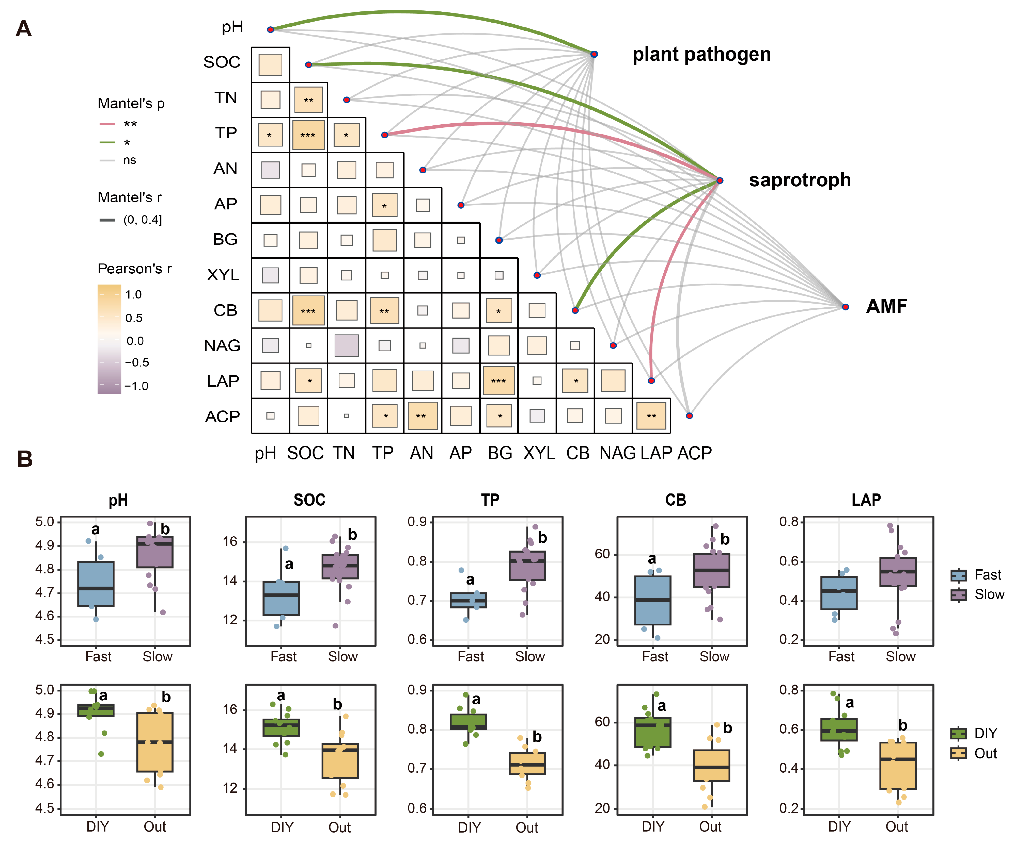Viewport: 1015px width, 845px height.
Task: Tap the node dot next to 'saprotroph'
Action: click(720, 180)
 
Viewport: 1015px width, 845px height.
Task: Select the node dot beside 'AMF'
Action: click(845, 307)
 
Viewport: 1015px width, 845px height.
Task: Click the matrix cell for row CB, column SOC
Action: click(308, 310)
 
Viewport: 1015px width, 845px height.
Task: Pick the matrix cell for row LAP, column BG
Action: click(499, 380)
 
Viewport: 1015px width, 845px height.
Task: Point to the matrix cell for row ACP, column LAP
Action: click(651, 416)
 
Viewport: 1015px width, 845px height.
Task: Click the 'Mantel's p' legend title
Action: click(131, 103)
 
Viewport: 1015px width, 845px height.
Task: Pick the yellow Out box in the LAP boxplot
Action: click(898, 765)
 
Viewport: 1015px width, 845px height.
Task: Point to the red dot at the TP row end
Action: click(385, 135)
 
